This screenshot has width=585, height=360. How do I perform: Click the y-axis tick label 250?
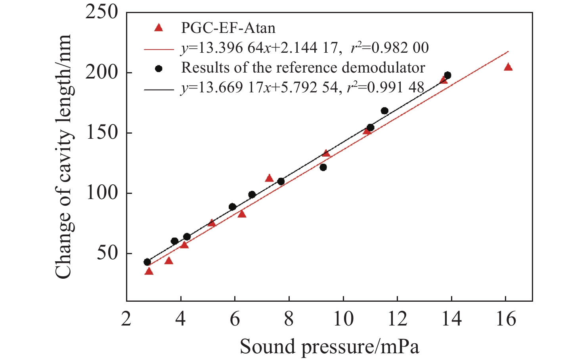pyautogui.click(x=102, y=13)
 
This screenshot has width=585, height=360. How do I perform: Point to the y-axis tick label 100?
pyautogui.click(x=102, y=193)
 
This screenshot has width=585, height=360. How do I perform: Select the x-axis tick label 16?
pyautogui.click(x=506, y=318)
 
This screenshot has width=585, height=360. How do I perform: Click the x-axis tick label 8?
pyautogui.click(x=289, y=318)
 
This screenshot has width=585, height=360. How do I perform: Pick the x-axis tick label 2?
pyautogui.click(x=126, y=318)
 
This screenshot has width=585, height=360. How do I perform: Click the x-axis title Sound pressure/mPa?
pyautogui.click(x=329, y=347)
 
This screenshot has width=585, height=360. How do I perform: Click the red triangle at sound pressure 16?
pyautogui.click(x=508, y=67)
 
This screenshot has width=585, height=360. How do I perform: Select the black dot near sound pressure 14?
pyautogui.click(x=447, y=75)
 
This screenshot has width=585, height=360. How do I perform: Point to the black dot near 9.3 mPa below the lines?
pyautogui.click(x=323, y=167)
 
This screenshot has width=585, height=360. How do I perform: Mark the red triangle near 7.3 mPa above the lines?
pyautogui.click(x=270, y=178)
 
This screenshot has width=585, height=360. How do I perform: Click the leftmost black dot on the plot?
pyautogui.click(x=147, y=262)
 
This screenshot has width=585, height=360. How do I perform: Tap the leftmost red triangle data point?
pyautogui.click(x=149, y=271)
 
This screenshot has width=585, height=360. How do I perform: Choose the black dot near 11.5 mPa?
pyautogui.click(x=384, y=111)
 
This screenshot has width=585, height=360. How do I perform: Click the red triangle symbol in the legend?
pyautogui.click(x=159, y=28)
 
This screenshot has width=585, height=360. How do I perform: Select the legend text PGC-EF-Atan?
pyautogui.click(x=228, y=28)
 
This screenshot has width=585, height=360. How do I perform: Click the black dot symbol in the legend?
pyautogui.click(x=159, y=69)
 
